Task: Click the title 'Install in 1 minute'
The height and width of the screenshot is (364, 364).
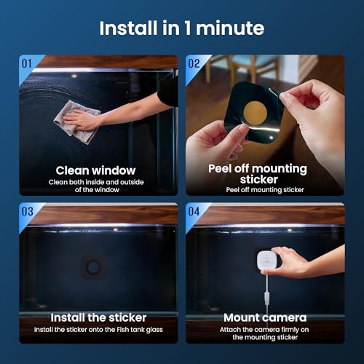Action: (181, 29)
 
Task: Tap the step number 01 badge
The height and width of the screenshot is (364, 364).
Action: (27, 63)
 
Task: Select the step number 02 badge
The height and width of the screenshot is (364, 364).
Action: (194, 63)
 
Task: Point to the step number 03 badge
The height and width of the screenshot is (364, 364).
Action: (27, 212)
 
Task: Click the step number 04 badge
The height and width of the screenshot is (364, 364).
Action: (194, 212)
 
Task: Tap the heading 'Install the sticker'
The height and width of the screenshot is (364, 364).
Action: (98, 317)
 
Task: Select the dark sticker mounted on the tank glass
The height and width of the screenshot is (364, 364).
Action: (93, 266)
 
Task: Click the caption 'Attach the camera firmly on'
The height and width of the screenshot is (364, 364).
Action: (266, 330)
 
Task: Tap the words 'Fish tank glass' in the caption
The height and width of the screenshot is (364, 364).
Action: (138, 330)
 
